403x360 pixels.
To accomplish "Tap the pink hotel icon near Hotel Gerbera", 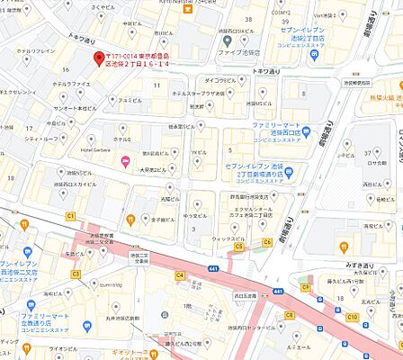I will point(125,162).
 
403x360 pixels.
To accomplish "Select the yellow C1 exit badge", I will point(70,216).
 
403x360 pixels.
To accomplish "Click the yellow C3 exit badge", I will point(76,274).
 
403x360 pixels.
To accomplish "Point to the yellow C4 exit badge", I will point(180,275).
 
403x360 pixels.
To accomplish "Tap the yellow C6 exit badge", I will point(267,242).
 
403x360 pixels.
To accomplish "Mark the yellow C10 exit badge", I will point(354,318).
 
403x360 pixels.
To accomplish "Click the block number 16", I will point(64,68).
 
